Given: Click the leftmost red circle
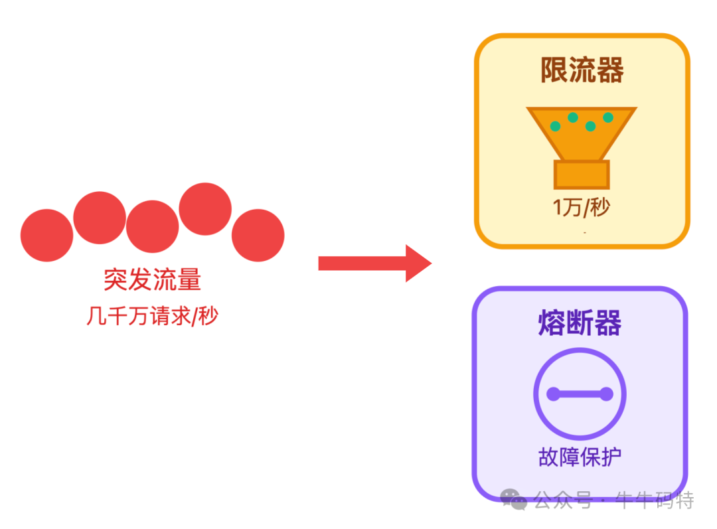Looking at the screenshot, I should coord(46,235).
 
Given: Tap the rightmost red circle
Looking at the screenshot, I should coord(258,235).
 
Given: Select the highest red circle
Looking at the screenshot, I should coord(205,208).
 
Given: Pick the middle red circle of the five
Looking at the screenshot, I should coord(153,226).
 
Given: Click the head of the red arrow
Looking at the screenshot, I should coord(418,264).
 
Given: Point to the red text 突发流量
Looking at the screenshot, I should coord(153,280).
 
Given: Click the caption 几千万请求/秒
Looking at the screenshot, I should coord(153,316).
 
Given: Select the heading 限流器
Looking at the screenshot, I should coord(582,70).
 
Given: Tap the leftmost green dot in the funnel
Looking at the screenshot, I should coord(555,126).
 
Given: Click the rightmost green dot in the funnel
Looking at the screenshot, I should coord(608,117).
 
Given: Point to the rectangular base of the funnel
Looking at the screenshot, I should coord(582,175).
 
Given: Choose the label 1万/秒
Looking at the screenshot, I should coord(582,208).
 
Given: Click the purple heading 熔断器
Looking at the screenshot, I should coord(580,323).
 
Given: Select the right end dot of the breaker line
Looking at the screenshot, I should coord(606,394).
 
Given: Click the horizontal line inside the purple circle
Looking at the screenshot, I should coord(580,394).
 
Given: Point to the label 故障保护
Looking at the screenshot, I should coord(580,457).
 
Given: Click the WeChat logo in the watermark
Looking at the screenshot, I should coord(515,499).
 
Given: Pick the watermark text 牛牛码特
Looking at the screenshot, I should coord(655,500).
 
